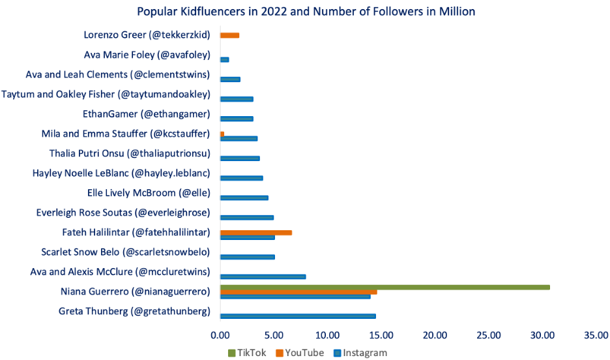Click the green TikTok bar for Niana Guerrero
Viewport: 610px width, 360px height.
tap(385, 287)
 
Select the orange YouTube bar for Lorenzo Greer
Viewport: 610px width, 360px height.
tap(230, 35)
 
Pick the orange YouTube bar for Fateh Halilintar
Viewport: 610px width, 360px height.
tap(255, 232)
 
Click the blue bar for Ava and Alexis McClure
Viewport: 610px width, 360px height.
tap(263, 277)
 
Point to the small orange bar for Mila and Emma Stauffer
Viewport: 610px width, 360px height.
tap(222, 134)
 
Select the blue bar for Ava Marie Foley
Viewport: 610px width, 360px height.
tap(225, 59)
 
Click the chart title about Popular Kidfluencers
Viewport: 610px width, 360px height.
tap(306, 11)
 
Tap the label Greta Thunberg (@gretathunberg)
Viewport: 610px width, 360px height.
tap(135, 311)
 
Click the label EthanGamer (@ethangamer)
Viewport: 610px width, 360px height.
tap(147, 114)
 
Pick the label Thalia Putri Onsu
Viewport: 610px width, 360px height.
tap(130, 154)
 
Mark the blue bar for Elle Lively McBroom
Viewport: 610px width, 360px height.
tap(244, 198)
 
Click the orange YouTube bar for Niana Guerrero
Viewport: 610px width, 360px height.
tap(298, 292)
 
